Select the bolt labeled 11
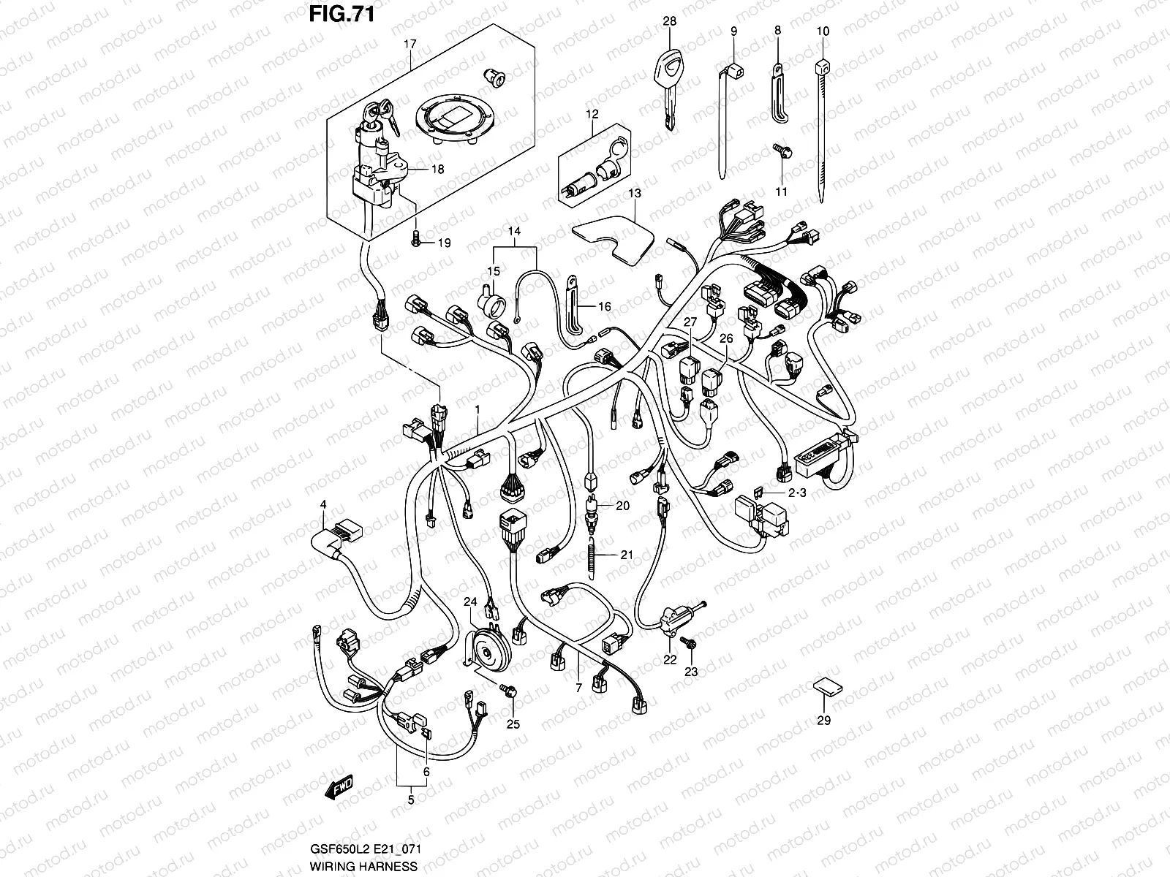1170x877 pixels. (780, 151)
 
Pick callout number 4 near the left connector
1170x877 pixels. (322, 504)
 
